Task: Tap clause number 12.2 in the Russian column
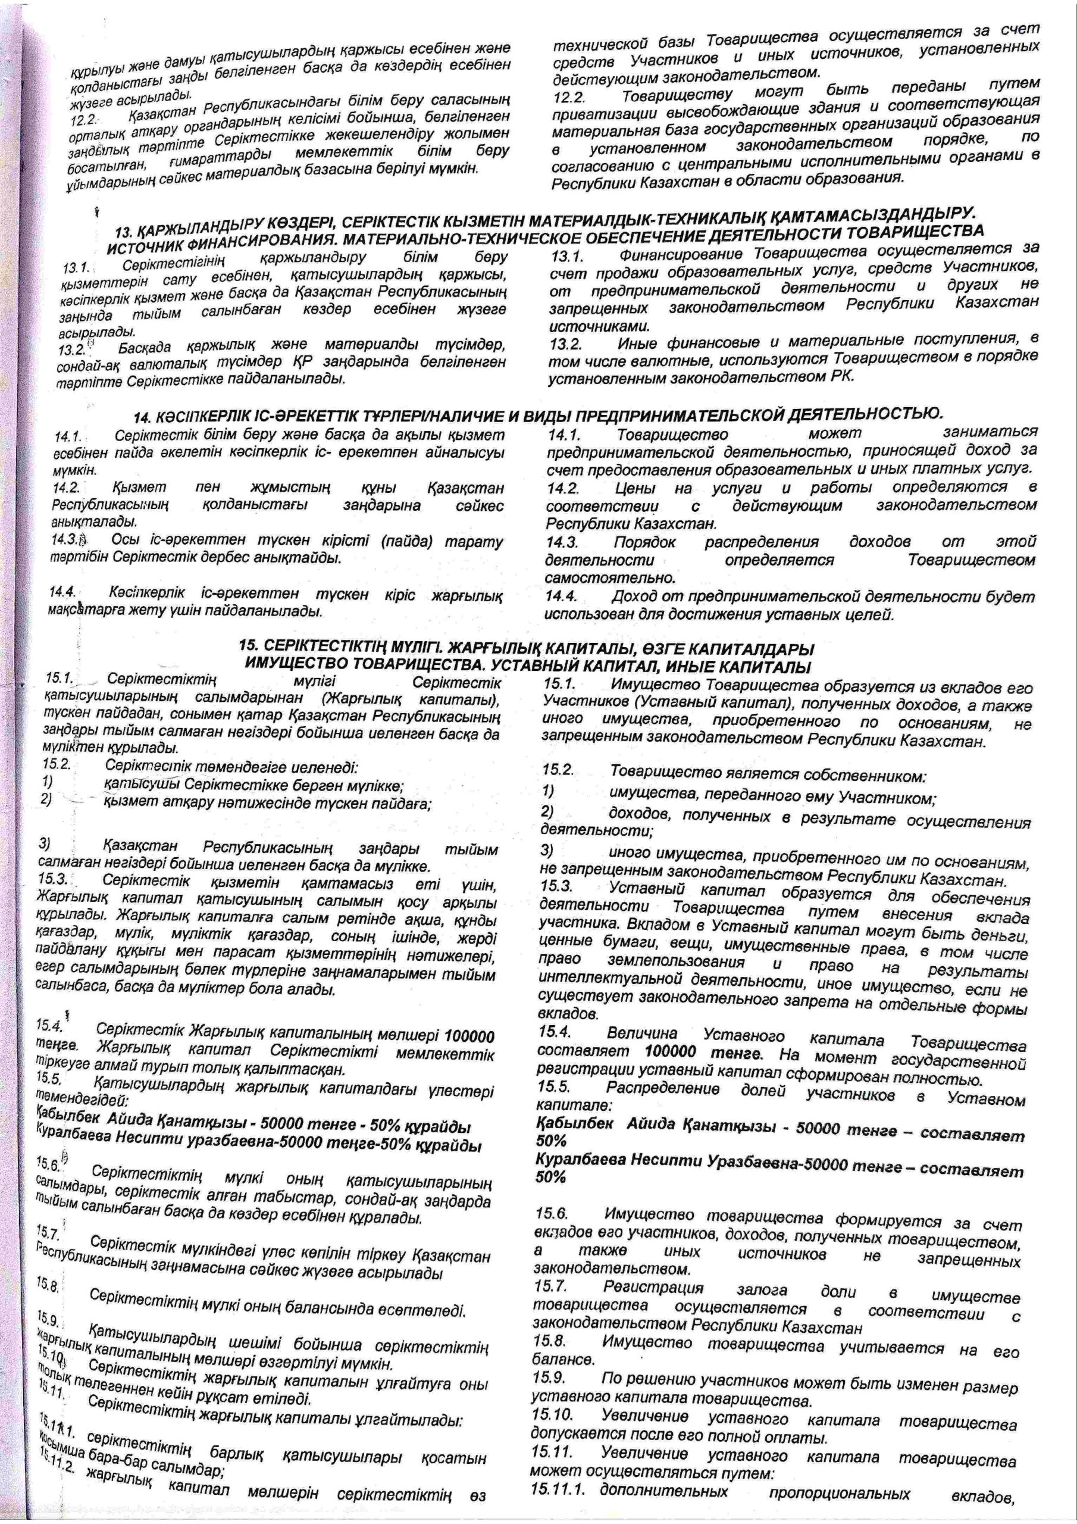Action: click(x=568, y=97)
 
